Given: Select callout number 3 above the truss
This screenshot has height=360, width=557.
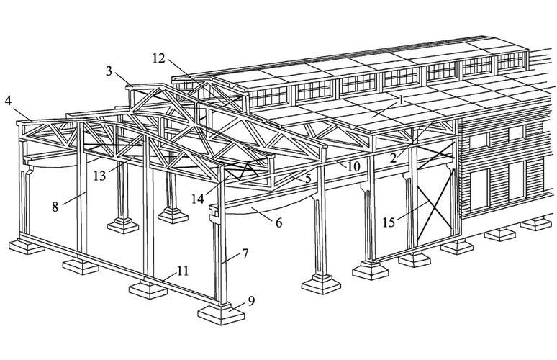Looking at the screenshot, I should (x=109, y=71).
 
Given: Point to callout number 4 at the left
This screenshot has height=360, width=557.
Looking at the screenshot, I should (x=8, y=101).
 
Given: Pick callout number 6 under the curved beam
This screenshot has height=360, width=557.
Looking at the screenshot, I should (x=278, y=223).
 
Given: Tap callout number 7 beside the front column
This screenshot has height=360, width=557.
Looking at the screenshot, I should (x=245, y=253).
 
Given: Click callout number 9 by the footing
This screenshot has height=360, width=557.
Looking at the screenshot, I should (x=250, y=300).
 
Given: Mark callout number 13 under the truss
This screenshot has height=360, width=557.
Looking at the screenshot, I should (x=99, y=175).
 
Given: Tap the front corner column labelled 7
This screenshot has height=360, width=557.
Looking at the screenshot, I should (x=221, y=259).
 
